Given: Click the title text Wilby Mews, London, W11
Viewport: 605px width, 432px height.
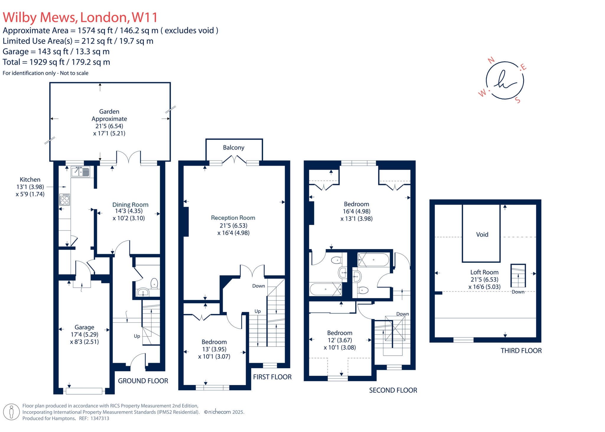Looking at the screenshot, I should pyautogui.click(x=80, y=17).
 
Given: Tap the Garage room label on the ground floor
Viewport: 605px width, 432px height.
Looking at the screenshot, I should pyautogui.click(x=84, y=327).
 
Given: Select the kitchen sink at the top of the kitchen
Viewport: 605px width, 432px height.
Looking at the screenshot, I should pyautogui.click(x=80, y=172).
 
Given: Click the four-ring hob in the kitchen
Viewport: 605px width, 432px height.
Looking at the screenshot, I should pyautogui.click(x=64, y=200).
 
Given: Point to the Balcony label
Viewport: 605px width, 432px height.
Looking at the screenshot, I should pyautogui.click(x=233, y=147).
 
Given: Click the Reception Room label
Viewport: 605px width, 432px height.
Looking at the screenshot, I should pyautogui.click(x=233, y=218).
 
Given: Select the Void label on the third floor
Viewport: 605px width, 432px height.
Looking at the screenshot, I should pyautogui.click(x=482, y=234).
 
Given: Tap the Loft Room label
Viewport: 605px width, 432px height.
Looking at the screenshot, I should pyautogui.click(x=484, y=272).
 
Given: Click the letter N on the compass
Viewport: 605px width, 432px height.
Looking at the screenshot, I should pyautogui.click(x=491, y=60).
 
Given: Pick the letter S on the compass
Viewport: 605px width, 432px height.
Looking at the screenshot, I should pyautogui.click(x=518, y=100).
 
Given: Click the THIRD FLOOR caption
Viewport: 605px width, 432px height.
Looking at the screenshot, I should pyautogui.click(x=521, y=351).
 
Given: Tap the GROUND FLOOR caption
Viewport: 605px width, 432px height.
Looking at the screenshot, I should pyautogui.click(x=143, y=381).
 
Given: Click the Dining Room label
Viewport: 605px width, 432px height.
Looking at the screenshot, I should pyautogui.click(x=130, y=205).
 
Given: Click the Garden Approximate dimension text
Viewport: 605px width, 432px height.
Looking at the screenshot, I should pyautogui.click(x=109, y=122).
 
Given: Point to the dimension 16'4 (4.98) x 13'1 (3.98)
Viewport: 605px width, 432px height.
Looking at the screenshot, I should pyautogui.click(x=356, y=215).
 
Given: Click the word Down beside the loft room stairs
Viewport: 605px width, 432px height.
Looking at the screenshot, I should pyautogui.click(x=518, y=292).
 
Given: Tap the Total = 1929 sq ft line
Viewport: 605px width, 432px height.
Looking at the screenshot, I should pyautogui.click(x=56, y=62).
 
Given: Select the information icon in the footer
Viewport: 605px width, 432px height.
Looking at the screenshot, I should pyautogui.click(x=12, y=412).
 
